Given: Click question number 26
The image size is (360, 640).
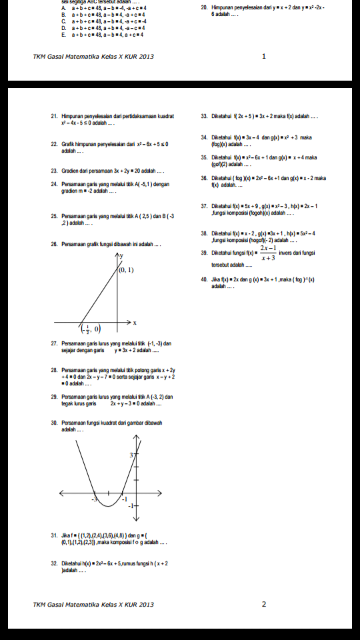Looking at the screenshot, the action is (53, 245).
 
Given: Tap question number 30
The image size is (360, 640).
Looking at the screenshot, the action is (53, 423).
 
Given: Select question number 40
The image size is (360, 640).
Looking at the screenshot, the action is (203, 279).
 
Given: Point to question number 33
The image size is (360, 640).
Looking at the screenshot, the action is (203, 117).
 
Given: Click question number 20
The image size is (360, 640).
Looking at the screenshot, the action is (203, 7).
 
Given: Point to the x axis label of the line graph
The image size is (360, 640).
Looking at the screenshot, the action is (135, 322).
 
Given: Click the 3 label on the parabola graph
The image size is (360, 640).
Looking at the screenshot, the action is (131, 454).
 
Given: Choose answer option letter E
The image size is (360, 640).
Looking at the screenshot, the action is (63, 35).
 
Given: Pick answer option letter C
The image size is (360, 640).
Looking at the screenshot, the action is (63, 21).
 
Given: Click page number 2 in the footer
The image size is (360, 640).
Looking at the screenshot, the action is (264, 605).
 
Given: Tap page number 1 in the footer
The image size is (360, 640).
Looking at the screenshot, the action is (264, 57).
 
